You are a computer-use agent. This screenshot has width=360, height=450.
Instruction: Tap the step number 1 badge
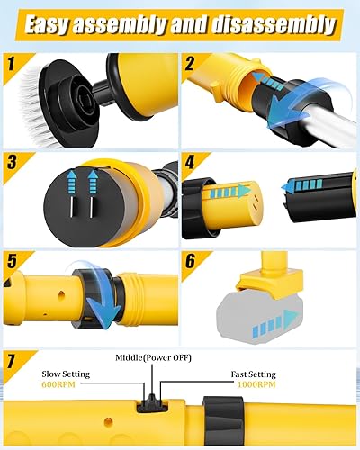12,66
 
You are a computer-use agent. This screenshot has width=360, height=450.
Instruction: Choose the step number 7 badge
13,361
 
